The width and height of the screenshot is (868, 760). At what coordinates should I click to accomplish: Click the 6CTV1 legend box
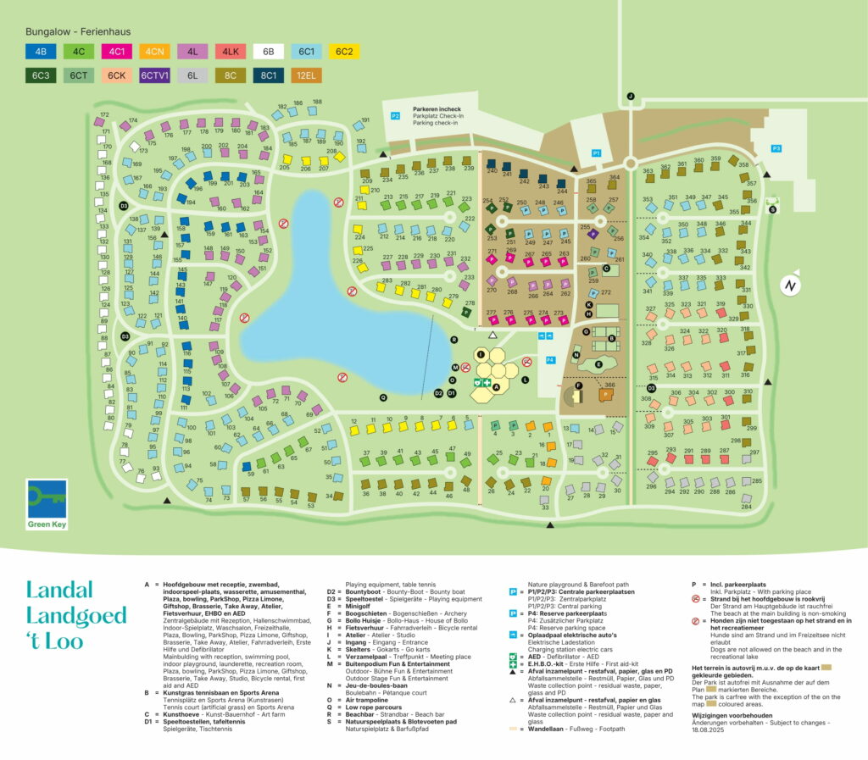(155, 75)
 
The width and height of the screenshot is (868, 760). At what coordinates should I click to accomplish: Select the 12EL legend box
(307, 75)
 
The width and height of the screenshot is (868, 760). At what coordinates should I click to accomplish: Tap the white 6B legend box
(269, 52)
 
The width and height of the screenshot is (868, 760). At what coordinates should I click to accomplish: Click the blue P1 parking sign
(596, 153)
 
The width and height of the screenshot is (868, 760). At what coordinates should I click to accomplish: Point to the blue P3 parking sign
(776, 148)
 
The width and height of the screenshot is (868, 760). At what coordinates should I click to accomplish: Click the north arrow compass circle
(789, 286)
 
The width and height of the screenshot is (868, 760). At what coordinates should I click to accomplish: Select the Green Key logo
(47, 504)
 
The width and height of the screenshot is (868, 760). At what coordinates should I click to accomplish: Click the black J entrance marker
(630, 97)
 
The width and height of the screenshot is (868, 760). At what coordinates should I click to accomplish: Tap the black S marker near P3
(772, 208)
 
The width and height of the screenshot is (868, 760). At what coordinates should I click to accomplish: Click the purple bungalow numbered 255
(593, 233)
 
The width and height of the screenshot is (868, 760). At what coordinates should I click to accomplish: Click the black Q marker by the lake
(383, 396)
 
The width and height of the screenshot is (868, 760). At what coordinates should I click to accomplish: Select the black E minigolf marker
(598, 363)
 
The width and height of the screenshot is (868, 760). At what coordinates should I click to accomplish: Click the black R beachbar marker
(454, 339)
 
